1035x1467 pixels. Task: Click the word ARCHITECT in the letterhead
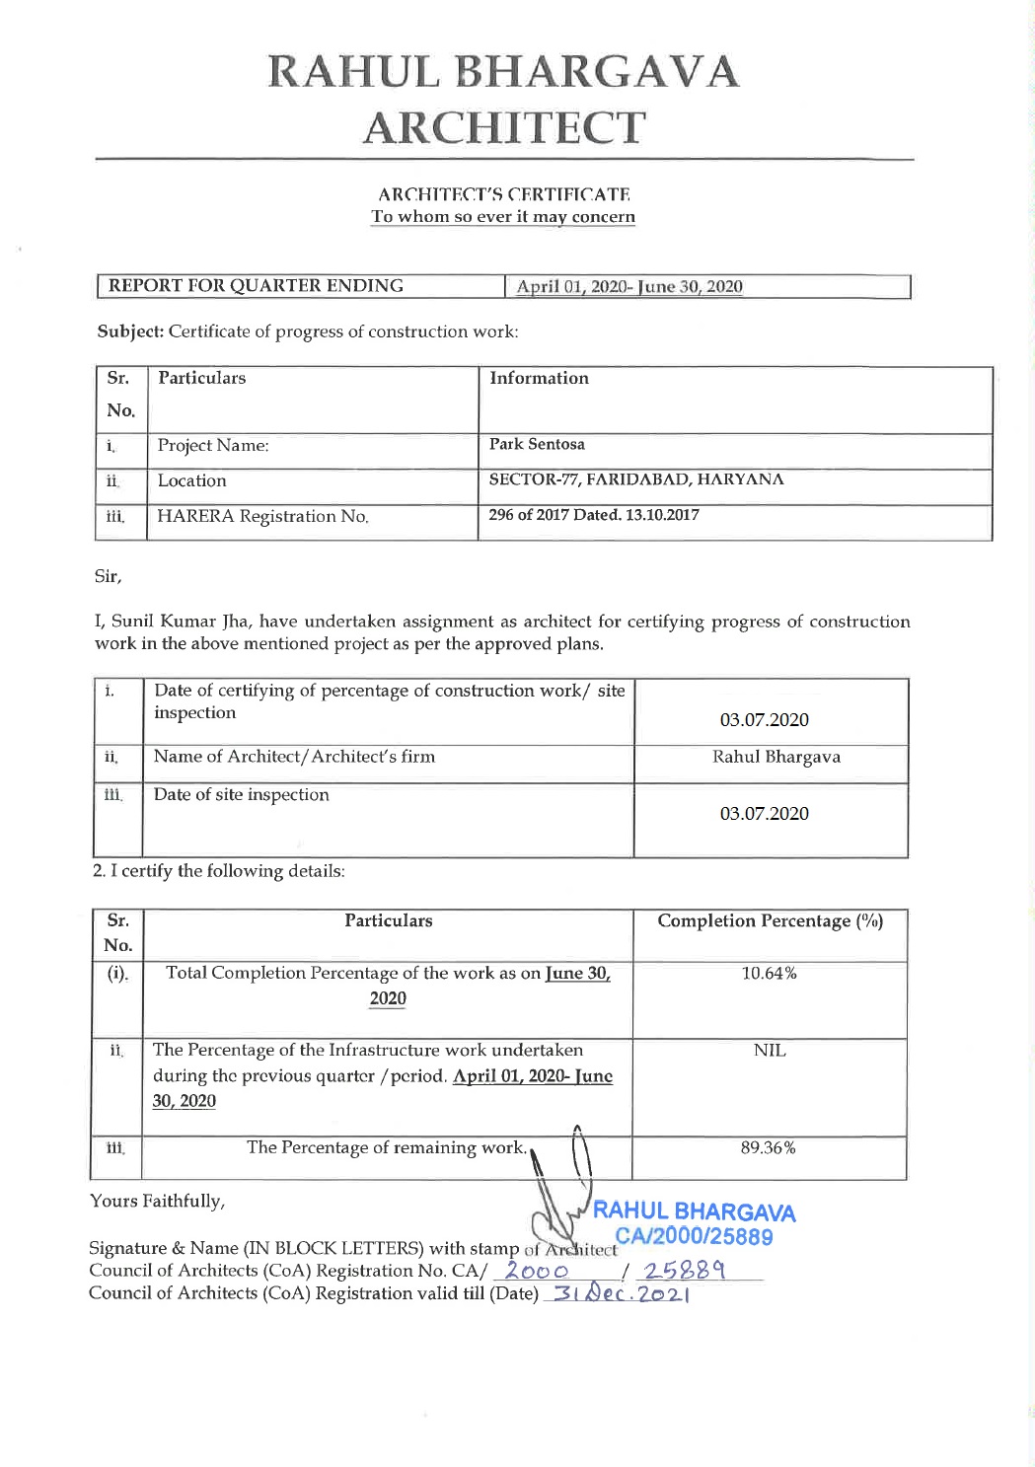tap(504, 128)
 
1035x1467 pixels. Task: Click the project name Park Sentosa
tap(537, 444)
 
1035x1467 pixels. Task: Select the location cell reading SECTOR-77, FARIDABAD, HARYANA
tap(636, 479)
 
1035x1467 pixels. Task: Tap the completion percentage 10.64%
tap(769, 974)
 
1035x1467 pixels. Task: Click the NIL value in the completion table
tap(770, 1051)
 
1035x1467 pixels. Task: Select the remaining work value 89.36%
tap(769, 1147)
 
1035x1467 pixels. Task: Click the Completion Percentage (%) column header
tap(770, 920)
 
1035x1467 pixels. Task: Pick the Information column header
tap(539, 378)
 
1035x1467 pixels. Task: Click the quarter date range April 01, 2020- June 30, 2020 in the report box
tap(629, 287)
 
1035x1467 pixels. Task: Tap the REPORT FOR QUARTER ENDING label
tap(256, 286)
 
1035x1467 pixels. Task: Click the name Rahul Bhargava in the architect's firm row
tap(776, 757)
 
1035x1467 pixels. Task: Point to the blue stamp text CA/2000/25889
tap(694, 1237)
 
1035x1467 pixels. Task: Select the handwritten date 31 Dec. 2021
tap(618, 1294)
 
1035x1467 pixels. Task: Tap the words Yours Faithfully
tap(157, 1201)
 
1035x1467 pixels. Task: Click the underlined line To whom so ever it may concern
tap(503, 217)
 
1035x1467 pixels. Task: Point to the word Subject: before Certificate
tap(130, 331)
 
